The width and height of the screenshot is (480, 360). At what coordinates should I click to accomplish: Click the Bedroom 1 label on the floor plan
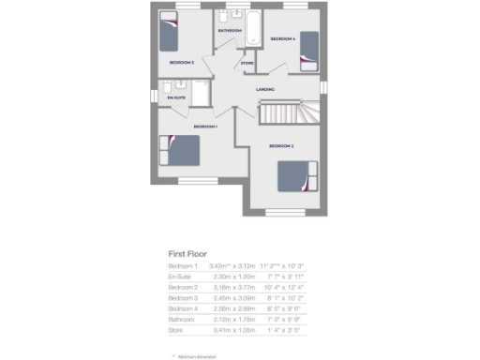(x=205, y=126)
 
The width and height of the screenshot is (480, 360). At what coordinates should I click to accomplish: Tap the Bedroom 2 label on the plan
(x=282, y=146)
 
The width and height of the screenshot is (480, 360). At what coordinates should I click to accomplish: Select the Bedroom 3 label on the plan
(x=182, y=62)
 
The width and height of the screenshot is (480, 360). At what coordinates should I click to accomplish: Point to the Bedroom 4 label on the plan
(x=282, y=38)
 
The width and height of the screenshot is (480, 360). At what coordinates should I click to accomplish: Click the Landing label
(x=265, y=90)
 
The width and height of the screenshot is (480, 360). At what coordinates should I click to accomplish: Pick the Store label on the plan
(x=247, y=64)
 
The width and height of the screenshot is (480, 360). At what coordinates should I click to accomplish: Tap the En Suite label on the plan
(x=176, y=97)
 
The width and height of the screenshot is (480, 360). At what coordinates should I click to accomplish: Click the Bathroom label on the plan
(x=230, y=31)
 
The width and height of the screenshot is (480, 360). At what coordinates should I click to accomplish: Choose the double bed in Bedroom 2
(x=299, y=176)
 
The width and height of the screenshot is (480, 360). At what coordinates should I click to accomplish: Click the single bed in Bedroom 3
(x=168, y=34)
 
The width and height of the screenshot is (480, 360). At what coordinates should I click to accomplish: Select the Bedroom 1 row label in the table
(x=184, y=266)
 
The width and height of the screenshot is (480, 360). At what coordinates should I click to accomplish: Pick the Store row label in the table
(x=177, y=329)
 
